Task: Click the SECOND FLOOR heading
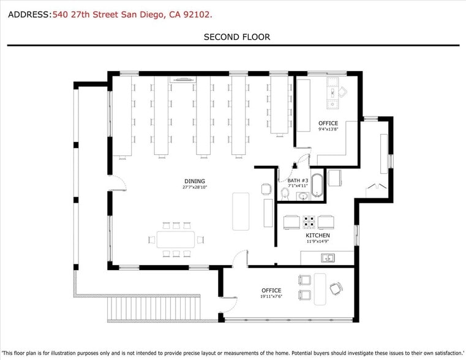click(x=236, y=37)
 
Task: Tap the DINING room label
click(x=195, y=181)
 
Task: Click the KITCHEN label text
click(x=318, y=236)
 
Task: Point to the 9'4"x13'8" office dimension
click(x=328, y=129)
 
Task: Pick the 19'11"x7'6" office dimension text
click(x=271, y=297)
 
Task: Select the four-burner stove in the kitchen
click(x=309, y=222)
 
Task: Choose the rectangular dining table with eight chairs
click(x=176, y=239)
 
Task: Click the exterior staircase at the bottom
click(x=154, y=308)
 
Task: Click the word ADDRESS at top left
click(x=28, y=14)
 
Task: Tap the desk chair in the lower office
click(x=336, y=288)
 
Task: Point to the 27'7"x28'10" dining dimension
click(x=195, y=187)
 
